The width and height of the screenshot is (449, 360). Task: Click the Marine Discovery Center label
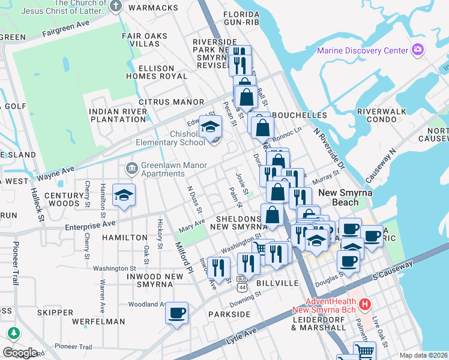point(363,50)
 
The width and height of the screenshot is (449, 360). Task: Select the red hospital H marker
point(364,305)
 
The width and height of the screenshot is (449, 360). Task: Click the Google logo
point(19,352)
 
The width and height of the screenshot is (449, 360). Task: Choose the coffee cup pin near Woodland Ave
point(176,314)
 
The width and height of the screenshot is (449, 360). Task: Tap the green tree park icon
point(13,332)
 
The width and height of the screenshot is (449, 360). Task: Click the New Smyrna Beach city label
point(346,197)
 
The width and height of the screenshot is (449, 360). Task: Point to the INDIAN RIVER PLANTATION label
point(117,115)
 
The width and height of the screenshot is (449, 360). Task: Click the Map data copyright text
point(423,355)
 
